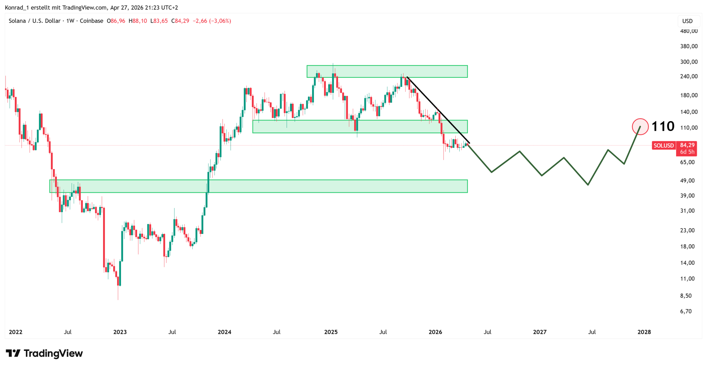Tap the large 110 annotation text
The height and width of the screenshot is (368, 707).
(663, 127)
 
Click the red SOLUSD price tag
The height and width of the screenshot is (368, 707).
(663, 145)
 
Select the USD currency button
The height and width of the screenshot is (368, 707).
(687, 21)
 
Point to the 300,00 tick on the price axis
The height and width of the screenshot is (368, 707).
(689, 62)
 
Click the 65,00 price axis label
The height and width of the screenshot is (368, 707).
(687, 162)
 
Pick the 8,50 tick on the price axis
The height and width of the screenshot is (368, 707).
(686, 296)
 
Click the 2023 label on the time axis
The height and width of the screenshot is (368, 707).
(120, 332)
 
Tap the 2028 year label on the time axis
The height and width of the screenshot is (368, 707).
(644, 332)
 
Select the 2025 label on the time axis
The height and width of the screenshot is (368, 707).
(331, 332)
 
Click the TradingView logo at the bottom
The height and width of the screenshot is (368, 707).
(44, 353)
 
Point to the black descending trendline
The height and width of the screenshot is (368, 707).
(438, 110)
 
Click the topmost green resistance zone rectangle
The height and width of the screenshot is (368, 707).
(387, 71)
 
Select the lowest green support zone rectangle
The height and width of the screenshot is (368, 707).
(258, 186)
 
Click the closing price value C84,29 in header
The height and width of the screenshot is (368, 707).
(180, 21)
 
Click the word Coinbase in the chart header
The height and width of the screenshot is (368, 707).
(91, 21)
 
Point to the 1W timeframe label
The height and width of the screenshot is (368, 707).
(70, 21)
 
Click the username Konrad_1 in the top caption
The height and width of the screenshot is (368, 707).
(17, 7)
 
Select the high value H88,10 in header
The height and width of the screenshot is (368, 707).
(138, 21)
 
